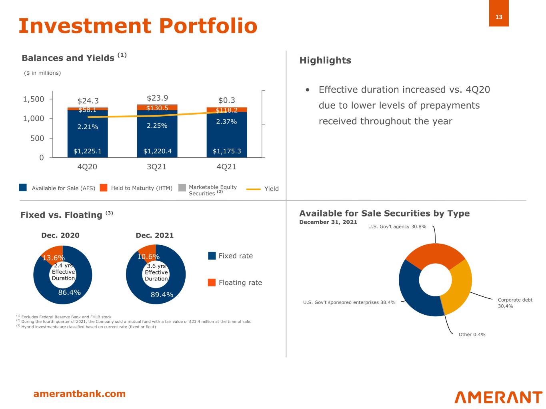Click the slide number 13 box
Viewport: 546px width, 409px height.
point(498,17)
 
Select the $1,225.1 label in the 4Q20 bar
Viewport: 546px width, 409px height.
point(87,151)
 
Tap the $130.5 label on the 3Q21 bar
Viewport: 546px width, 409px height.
point(157,108)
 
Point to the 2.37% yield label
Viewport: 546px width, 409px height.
point(226,121)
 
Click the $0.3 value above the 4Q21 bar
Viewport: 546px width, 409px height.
point(226,100)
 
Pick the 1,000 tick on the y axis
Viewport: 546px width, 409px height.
point(34,119)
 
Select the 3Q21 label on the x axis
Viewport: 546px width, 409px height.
point(157,167)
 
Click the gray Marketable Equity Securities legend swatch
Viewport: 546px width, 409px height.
point(182,188)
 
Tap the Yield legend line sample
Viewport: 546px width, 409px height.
point(254,189)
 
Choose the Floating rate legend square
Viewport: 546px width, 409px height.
point(212,282)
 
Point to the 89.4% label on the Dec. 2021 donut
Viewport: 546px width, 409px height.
point(162,295)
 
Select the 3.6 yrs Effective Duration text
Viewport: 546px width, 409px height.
point(156,272)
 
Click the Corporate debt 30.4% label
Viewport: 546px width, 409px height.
point(515,303)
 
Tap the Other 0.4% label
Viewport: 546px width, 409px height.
point(472,334)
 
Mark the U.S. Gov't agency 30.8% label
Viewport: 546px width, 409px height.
point(397,226)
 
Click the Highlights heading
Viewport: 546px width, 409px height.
point(325,60)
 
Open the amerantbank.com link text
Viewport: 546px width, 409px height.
point(79,394)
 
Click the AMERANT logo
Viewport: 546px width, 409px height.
point(498,397)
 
